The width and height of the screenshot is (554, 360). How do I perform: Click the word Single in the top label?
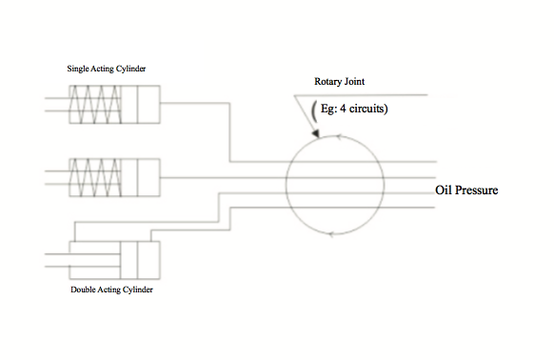tap(77, 69)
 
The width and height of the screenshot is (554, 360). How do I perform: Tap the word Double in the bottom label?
tap(84, 289)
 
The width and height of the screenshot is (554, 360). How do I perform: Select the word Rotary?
tap(327, 82)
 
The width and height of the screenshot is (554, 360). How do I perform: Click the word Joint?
tap(353, 82)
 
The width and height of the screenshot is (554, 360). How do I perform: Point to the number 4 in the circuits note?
tap(345, 110)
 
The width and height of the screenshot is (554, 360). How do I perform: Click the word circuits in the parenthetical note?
tap(369, 110)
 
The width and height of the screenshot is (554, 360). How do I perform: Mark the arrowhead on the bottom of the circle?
tap(330, 232)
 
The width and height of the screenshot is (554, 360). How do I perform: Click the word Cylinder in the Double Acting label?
tap(136, 289)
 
